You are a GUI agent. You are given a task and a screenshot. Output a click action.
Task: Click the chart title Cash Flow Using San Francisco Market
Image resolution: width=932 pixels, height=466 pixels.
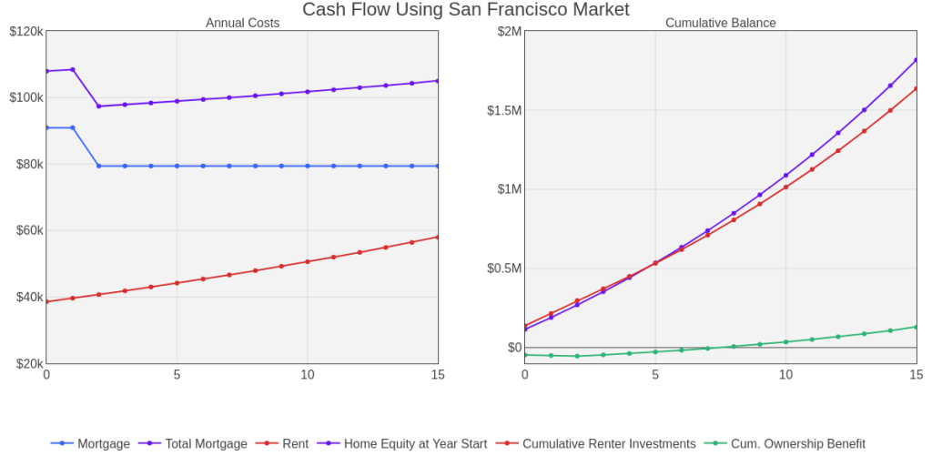coord(465,10)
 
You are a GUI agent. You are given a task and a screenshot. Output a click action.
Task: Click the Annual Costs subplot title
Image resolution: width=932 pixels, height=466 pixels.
coord(242,23)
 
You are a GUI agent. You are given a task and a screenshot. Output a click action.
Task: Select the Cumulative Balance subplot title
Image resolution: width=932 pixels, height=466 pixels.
coord(720,23)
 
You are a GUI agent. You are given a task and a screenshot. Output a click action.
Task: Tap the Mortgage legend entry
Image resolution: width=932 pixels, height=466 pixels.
coord(103,444)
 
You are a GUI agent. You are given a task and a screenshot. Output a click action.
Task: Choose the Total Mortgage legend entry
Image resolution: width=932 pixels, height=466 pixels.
coord(206,444)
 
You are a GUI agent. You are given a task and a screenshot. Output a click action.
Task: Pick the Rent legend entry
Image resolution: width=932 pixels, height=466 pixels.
coord(295,444)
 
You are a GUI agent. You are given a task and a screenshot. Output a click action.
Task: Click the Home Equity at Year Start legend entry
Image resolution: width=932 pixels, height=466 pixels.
coord(415,444)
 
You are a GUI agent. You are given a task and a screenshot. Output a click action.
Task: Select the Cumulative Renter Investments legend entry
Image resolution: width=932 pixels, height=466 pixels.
coord(608,444)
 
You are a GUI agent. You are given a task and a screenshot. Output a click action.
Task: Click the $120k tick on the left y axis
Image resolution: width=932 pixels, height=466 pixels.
coord(25,32)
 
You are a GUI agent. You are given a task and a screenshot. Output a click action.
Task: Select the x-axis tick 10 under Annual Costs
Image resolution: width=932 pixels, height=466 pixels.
coord(308,375)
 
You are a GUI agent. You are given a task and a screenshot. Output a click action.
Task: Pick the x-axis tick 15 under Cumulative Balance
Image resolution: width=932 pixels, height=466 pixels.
coord(916,375)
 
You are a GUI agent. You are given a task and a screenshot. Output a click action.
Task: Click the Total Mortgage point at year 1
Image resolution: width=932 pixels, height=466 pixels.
coord(73,69)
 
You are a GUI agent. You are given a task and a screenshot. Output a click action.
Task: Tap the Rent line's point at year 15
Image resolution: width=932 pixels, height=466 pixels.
coord(438,237)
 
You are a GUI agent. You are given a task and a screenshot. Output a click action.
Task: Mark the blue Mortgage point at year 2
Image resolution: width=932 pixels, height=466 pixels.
coord(98,166)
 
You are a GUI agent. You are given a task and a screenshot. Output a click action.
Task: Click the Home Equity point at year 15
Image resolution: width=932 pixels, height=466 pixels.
coord(916,60)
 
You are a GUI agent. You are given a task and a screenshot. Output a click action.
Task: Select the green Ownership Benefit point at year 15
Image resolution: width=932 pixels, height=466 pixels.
coord(916,327)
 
